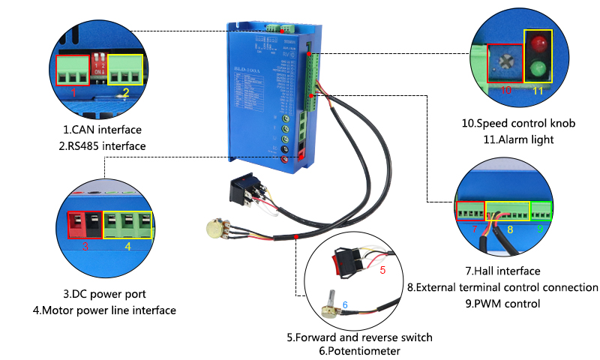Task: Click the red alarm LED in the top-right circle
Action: click(537, 43)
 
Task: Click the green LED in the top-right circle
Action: click(537, 70)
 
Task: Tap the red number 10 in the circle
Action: click(506, 91)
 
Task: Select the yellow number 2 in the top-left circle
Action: click(126, 93)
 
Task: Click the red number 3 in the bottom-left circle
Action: click(85, 245)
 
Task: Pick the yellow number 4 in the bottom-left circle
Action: click(127, 245)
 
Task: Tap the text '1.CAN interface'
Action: click(102, 130)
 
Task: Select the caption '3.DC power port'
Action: click(105, 294)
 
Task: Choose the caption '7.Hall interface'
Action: click(502, 271)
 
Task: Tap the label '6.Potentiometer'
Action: click(358, 351)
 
